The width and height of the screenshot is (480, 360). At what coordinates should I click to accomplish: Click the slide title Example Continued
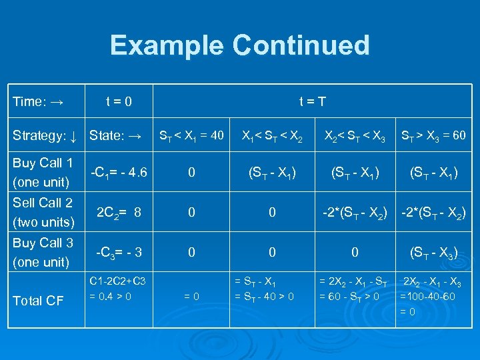tap(239, 45)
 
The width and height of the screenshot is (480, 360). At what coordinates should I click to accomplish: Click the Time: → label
tap(38, 102)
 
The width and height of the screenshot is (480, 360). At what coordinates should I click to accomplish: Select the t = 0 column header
tap(119, 102)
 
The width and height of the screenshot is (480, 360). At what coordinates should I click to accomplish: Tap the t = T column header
tap(312, 102)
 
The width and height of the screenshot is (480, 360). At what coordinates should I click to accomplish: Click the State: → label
tap(115, 136)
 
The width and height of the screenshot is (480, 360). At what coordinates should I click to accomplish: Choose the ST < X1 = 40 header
tap(191, 136)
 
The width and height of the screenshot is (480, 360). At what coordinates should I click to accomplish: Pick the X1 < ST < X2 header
tap(272, 136)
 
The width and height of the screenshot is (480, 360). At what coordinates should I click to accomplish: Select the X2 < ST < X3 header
tap(355, 136)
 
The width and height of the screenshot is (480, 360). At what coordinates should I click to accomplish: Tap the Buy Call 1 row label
tap(43, 172)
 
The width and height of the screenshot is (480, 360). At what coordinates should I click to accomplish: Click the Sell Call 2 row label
tap(43, 212)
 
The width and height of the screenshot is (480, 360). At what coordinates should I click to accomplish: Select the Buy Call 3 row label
tap(43, 252)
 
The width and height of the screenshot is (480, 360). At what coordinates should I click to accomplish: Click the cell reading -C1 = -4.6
tap(117, 173)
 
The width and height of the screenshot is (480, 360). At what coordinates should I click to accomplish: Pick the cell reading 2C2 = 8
tap(119, 213)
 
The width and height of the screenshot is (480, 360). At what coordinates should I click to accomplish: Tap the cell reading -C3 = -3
tap(119, 253)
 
